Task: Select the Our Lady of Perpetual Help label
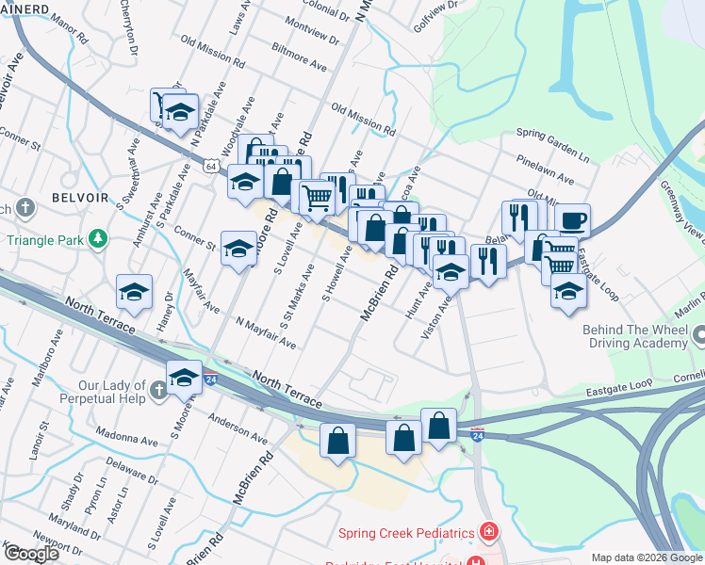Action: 112,392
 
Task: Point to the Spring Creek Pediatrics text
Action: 407,534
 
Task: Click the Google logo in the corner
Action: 31,554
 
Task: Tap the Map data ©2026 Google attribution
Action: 647,558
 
